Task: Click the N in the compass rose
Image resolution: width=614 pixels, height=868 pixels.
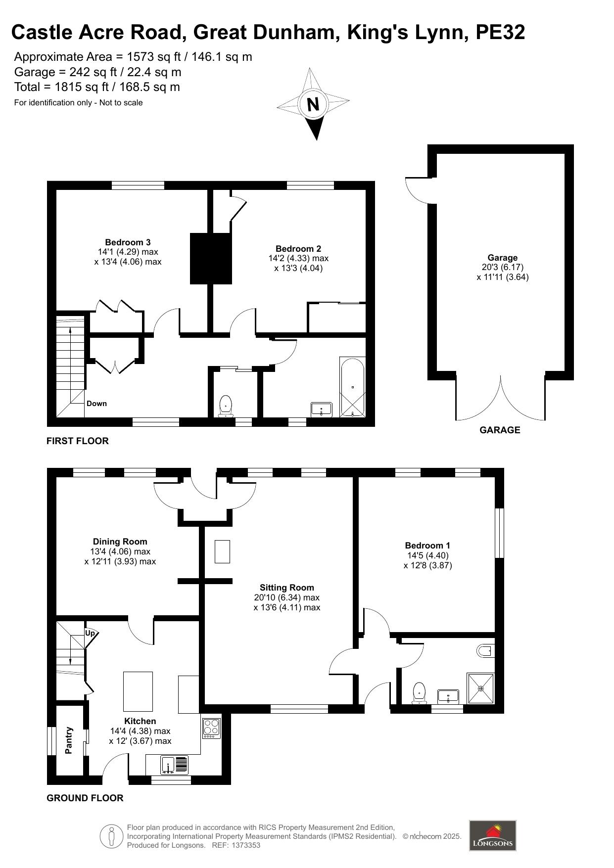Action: [313, 104]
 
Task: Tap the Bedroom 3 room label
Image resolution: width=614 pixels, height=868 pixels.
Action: [128, 242]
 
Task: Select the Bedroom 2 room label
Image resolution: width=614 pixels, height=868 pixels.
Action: [298, 249]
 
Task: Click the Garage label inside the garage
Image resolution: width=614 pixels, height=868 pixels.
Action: [502, 258]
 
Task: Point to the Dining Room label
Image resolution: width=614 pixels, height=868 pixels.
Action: [120, 542]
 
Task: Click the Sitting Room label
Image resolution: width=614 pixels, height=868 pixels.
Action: [287, 588]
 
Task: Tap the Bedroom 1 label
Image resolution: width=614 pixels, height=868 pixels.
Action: [427, 546]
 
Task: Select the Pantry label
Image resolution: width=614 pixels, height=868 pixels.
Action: [69, 740]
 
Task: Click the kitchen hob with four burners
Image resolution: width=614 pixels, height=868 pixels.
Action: [211, 728]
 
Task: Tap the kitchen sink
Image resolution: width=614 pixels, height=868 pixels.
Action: [174, 765]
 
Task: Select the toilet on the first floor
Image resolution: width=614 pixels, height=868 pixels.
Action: [226, 405]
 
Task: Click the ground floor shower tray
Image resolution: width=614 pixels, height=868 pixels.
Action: [481, 687]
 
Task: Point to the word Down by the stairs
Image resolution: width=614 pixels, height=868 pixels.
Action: [96, 404]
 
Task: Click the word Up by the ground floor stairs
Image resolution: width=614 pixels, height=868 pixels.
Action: [90, 633]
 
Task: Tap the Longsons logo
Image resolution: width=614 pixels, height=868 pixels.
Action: [492, 835]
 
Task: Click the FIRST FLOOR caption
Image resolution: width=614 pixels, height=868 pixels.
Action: [78, 441]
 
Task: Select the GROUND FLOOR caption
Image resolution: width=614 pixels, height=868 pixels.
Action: [85, 798]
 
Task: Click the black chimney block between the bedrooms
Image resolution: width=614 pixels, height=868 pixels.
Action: [211, 258]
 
